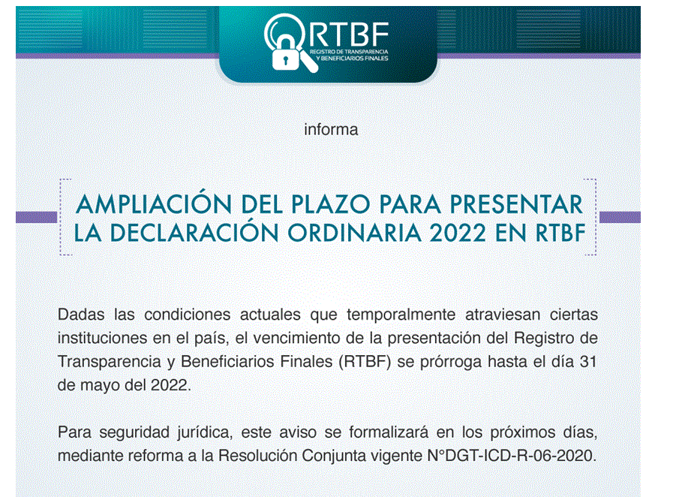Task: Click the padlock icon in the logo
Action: [285, 55]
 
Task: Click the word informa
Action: [331, 129]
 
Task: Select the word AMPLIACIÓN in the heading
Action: [154, 203]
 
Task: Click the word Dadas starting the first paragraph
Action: [81, 315]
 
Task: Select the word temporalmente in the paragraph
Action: [401, 315]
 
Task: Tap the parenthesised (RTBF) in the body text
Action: [365, 362]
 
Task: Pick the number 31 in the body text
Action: [588, 362]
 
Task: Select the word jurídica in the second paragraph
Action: [205, 432]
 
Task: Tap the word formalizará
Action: [389, 432]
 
